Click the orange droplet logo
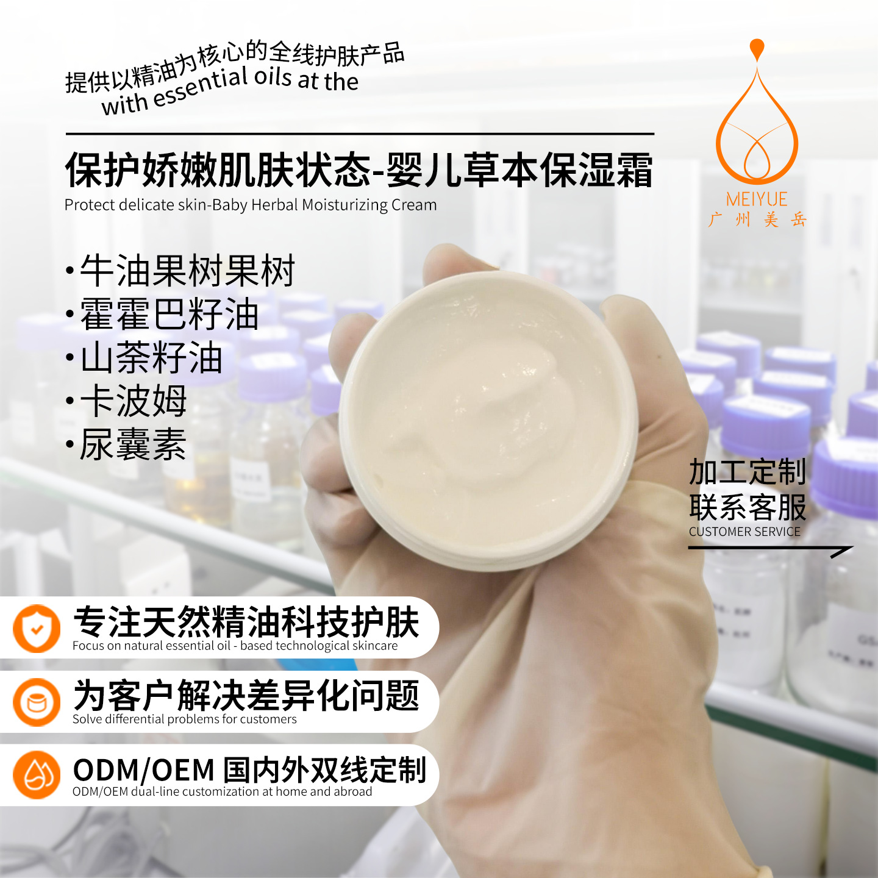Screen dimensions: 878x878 pyautogui.click(x=757, y=116)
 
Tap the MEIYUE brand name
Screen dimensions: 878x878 pyautogui.click(x=757, y=199)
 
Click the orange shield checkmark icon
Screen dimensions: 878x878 pyautogui.click(x=37, y=629)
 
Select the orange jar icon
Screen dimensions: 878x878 pyautogui.click(x=37, y=702)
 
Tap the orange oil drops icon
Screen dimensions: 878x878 pyautogui.click(x=37, y=775)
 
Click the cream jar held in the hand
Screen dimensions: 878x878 pyautogui.click(x=488, y=421)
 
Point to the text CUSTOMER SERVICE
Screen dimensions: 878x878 pyautogui.click(x=744, y=532)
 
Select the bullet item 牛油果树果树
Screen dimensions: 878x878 pyautogui.click(x=188, y=271)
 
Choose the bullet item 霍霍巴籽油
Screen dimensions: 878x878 pyautogui.click(x=170, y=315)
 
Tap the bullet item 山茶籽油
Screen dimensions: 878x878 pyautogui.click(x=151, y=358)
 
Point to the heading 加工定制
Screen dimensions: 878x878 pyautogui.click(x=748, y=472)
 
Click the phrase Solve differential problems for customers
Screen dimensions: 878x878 pyautogui.click(x=184, y=719)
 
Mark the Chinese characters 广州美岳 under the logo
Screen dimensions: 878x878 pyautogui.click(x=757, y=220)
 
